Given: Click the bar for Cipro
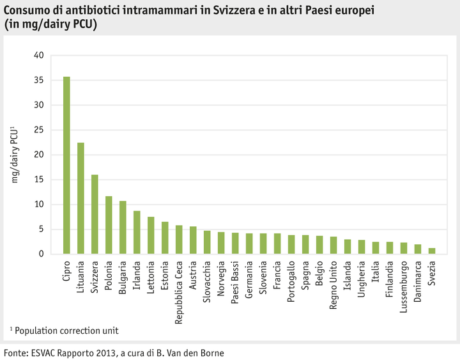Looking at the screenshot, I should [x=66, y=165].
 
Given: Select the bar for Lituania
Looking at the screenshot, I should [x=80, y=198].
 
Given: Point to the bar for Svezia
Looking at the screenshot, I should [x=432, y=251].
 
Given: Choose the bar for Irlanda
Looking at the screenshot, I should [x=137, y=232].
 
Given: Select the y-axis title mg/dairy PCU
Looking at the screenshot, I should [x=13, y=155].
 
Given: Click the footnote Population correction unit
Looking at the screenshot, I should [x=66, y=330].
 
